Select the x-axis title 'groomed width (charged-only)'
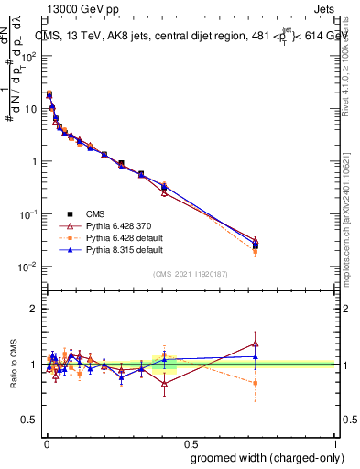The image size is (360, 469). click(262, 457)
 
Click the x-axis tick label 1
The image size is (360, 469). click(335, 442)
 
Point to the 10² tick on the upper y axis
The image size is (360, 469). click(28, 56)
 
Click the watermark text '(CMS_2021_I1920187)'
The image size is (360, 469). click(190, 272)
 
